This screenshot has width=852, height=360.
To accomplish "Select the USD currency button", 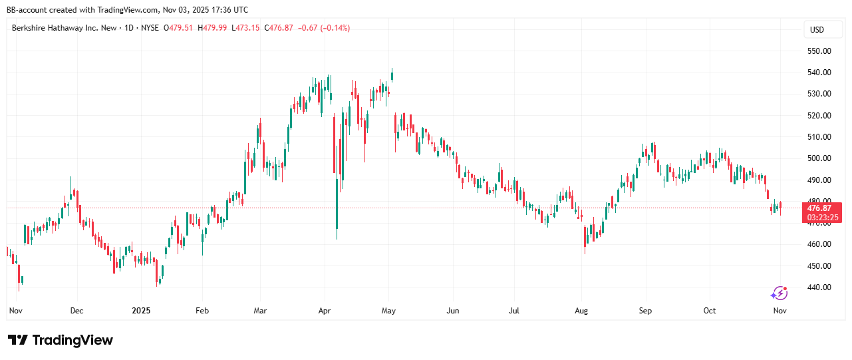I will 816,30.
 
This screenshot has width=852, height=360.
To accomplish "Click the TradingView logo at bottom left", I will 61,340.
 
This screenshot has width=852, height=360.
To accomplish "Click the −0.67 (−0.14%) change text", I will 325,28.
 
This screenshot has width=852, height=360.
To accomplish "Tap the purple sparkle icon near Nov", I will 779,293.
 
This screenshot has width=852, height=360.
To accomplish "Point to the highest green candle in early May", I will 392,75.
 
